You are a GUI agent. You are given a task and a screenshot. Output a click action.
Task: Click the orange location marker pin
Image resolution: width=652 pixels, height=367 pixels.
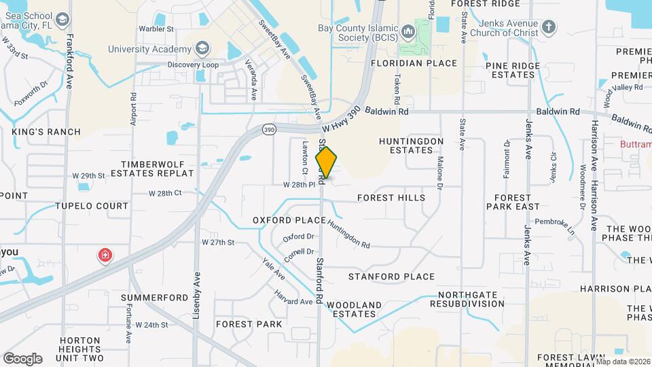point(326,162)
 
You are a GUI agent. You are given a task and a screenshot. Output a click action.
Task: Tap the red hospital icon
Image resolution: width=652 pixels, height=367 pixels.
point(105,256)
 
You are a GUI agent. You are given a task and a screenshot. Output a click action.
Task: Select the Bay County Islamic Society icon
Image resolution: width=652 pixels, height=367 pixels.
point(407,31)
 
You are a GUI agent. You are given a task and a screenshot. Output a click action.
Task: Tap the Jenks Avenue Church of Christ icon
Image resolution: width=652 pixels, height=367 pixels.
point(549,28)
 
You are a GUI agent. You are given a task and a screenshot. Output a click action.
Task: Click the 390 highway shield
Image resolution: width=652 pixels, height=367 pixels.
point(269,129)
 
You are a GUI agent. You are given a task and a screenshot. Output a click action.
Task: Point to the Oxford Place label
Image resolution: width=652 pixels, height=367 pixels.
point(289,220)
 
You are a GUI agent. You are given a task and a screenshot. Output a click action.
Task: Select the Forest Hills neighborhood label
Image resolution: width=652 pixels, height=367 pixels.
point(391,198)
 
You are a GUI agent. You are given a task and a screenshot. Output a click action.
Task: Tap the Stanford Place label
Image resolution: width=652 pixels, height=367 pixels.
point(391,277)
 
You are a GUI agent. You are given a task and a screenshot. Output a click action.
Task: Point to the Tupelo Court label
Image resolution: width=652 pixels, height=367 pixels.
point(92,206)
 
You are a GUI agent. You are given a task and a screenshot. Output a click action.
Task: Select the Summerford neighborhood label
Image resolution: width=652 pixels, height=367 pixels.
point(154,298)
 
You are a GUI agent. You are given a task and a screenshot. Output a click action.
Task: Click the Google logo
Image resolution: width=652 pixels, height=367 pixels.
point(22,358)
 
